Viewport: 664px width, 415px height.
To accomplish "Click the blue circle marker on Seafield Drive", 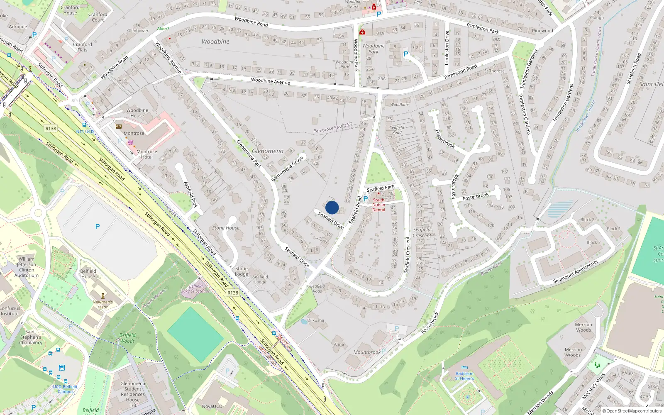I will click(x=332, y=207).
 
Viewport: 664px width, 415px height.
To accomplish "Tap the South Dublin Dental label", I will click(x=378, y=205).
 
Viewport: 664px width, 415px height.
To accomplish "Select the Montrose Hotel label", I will click(x=147, y=154).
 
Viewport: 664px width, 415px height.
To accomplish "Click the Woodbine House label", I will click(x=137, y=113).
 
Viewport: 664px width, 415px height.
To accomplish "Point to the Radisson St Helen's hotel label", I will click(x=464, y=376).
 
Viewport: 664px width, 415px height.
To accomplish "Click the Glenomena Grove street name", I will click(x=287, y=169).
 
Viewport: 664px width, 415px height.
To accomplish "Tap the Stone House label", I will click(x=226, y=228).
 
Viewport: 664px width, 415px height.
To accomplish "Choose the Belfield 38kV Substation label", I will click(x=196, y=288).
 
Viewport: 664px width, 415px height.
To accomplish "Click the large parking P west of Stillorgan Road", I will click(x=98, y=227).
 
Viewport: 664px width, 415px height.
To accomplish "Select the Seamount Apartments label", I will click(x=575, y=272).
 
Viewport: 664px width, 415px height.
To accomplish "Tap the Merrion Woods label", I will click(x=583, y=327).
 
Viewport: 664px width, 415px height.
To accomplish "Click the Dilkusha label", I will click(x=316, y=320).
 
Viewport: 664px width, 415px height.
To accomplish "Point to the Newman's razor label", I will click(x=103, y=305).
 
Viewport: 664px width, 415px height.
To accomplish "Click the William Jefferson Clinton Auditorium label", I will click(x=27, y=267).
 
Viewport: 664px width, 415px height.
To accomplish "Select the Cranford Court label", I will click(x=98, y=17).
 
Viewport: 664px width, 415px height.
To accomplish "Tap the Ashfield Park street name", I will click(x=190, y=194).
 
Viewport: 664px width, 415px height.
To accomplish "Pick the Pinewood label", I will click(x=542, y=31).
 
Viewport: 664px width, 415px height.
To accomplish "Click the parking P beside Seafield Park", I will click(x=366, y=199).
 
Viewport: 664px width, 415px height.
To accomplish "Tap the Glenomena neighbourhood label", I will click(x=268, y=151).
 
